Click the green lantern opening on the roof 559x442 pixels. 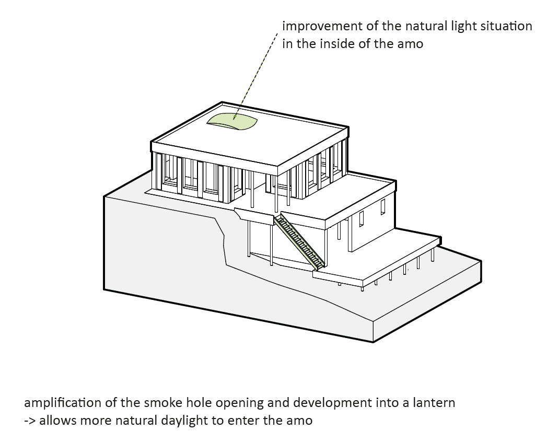tap(233, 122)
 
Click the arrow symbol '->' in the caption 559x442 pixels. tap(29, 421)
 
